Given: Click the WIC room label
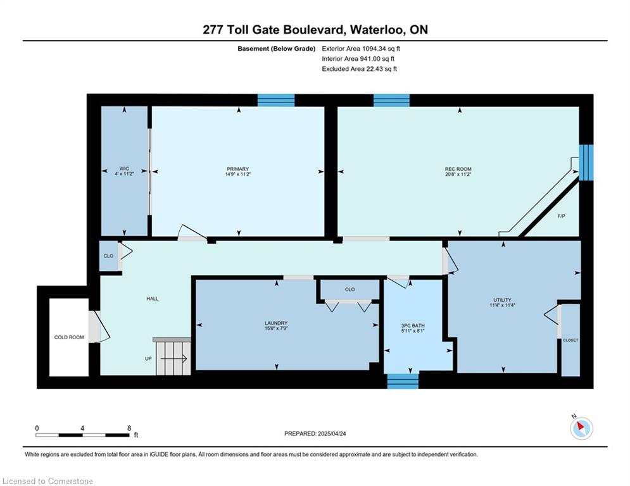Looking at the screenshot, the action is (124, 169).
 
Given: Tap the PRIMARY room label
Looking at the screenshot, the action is (238, 169).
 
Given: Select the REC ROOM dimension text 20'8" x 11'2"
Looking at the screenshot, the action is (458, 174).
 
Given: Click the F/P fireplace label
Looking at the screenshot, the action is (561, 216).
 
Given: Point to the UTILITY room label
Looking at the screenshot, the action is (502, 299).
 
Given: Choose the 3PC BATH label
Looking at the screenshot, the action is (413, 326).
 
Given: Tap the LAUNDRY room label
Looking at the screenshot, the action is (276, 323).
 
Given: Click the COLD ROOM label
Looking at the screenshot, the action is (69, 337).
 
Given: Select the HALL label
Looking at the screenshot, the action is (153, 299).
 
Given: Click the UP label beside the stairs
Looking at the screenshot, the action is (148, 359).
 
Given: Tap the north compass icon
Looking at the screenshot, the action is (581, 428).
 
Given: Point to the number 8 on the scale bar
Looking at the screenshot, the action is (129, 428).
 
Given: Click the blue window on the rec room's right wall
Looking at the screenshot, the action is (586, 163).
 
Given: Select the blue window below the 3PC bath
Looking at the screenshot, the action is (403, 381).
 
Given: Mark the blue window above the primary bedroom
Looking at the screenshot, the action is (276, 100).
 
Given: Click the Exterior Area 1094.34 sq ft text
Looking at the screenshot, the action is (361, 49).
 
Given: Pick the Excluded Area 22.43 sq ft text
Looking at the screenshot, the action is (359, 69).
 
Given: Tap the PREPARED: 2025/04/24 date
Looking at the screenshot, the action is (315, 433).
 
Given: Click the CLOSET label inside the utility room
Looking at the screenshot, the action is (570, 340).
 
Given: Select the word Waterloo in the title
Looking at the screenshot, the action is (377, 30).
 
